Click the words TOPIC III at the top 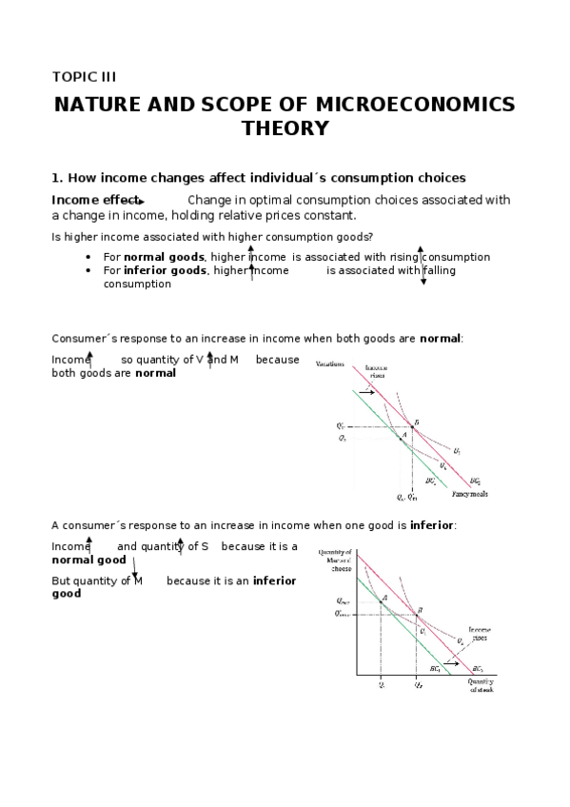(x=84, y=76)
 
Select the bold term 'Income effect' (x=95, y=200)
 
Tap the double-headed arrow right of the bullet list (x=422, y=266)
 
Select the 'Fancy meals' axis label (x=469, y=493)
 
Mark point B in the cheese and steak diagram (x=419, y=614)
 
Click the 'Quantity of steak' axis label (x=481, y=685)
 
